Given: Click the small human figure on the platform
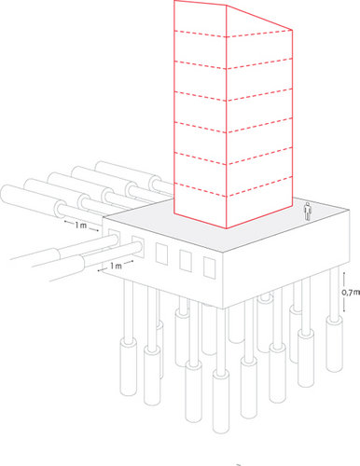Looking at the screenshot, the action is [307, 212].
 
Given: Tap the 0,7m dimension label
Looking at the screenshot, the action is [351, 293].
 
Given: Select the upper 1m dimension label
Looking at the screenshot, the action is [80, 225].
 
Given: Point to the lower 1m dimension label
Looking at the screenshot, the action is [116, 266].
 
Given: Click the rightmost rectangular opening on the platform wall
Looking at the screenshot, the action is [210, 267].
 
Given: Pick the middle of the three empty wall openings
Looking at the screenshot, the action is [186, 260].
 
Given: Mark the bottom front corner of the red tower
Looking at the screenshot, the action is [227, 228].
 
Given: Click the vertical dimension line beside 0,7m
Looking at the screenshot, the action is [344, 292].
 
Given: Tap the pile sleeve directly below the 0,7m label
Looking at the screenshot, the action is [334, 343].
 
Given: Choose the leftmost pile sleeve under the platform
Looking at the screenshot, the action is [129, 367].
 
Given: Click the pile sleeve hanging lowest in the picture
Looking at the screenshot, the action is [221, 401].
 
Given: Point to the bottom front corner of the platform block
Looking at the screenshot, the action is [223, 308].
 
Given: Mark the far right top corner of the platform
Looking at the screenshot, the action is [350, 211].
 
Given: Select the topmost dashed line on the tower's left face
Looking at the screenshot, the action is [200, 34].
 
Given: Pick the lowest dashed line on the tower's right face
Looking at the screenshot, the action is [259, 186].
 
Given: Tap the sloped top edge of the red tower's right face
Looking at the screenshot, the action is [259, 18].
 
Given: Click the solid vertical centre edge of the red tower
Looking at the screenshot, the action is [227, 116].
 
